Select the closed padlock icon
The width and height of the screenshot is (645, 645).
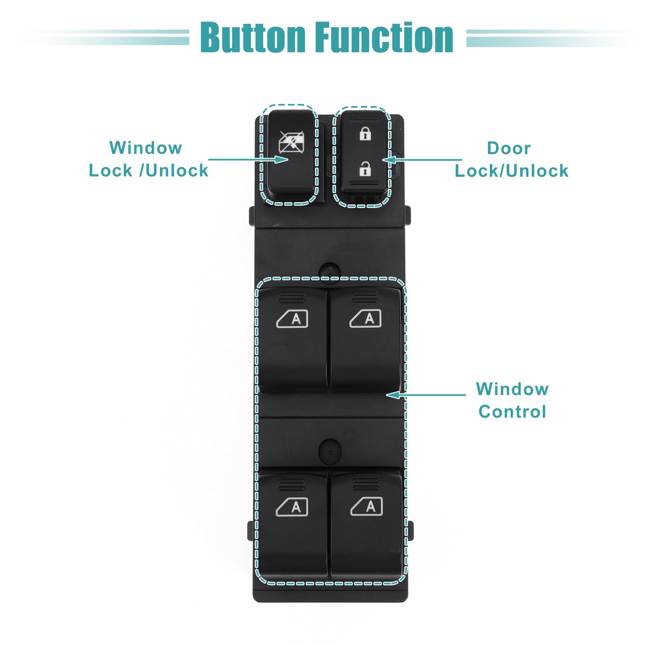click(365, 133)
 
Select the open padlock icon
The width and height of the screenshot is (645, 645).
click(365, 169)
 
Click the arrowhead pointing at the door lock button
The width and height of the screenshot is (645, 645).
click(389, 159)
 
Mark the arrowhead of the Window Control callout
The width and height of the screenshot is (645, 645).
click(393, 395)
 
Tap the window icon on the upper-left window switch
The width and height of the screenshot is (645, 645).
click(292, 319)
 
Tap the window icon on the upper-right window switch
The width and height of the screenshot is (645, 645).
click(365, 318)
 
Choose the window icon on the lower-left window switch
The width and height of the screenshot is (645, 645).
click(292, 507)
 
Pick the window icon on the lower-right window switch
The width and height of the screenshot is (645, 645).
click(366, 507)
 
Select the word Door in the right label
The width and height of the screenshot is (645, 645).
click(509, 148)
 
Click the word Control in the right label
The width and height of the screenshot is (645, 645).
click(512, 412)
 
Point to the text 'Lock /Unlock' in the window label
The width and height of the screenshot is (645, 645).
click(148, 171)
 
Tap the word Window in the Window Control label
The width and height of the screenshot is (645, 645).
click(512, 389)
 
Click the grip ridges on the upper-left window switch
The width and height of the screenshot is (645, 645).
click(292, 298)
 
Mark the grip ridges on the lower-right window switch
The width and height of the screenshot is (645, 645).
click(366, 484)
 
